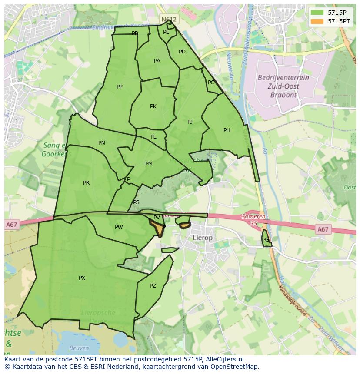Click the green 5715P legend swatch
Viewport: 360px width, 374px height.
[x=317, y=13]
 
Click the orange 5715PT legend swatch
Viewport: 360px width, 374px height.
[x=317, y=21]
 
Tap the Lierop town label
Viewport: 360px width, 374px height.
[x=203, y=238]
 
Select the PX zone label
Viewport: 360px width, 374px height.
[x=82, y=278]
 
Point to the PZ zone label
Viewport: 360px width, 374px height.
[x=153, y=286]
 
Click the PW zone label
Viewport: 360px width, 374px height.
[x=119, y=227]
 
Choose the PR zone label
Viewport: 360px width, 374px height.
[x=86, y=183]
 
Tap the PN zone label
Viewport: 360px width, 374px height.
[x=101, y=143]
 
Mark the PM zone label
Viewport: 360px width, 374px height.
[x=149, y=164]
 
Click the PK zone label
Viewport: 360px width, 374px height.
[x=153, y=106]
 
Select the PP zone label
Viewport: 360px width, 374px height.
[x=120, y=87]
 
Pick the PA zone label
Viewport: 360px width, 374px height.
[x=157, y=61]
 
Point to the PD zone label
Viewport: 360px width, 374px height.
[x=182, y=52]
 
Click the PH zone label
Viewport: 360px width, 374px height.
[x=227, y=130]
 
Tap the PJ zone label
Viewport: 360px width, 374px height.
[x=190, y=122]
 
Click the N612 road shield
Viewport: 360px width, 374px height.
[x=168, y=20]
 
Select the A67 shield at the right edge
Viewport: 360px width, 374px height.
[x=323, y=229]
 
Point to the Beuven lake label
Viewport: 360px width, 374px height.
[x=79, y=348]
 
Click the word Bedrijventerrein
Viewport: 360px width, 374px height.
[x=283, y=78]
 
